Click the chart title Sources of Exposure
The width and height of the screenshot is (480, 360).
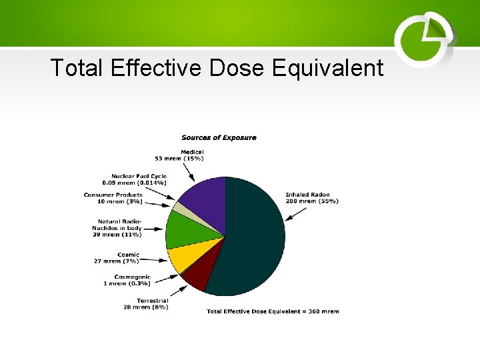(x=219, y=137)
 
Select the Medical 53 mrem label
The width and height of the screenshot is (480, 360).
(x=179, y=155)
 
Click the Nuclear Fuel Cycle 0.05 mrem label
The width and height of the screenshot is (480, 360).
(x=134, y=179)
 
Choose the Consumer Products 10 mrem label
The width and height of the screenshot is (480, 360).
(x=113, y=198)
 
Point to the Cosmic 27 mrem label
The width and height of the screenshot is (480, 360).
(x=117, y=257)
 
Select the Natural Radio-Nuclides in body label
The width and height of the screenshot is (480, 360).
(x=120, y=228)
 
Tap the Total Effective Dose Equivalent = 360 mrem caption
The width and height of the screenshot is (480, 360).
(x=273, y=311)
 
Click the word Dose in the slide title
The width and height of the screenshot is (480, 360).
(x=238, y=68)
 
